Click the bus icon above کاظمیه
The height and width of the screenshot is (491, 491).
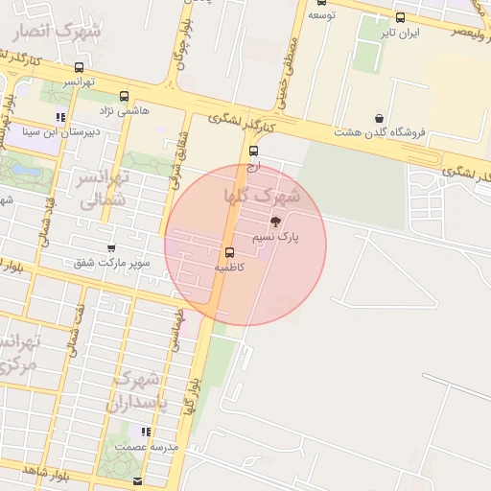pos(229,253)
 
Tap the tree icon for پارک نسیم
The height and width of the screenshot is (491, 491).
pos(277,221)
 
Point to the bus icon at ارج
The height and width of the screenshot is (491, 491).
pos(254,151)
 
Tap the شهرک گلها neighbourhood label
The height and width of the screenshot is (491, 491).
pos(262,196)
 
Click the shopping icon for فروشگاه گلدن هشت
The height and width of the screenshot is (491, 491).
pos(380,118)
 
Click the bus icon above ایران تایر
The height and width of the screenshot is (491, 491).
pos(400,17)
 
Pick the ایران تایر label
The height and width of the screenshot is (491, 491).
pos(401,33)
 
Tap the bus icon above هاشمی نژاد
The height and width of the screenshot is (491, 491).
pos(124,96)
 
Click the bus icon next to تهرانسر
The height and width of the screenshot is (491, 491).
pos(79,67)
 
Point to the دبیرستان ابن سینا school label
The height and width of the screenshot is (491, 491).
pos(59,133)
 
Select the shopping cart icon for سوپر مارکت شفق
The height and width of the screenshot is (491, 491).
pos(112,247)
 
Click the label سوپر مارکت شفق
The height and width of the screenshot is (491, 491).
pos(111,262)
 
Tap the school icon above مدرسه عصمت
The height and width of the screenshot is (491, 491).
pos(145,433)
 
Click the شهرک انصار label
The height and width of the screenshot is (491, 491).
pos(58,32)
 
